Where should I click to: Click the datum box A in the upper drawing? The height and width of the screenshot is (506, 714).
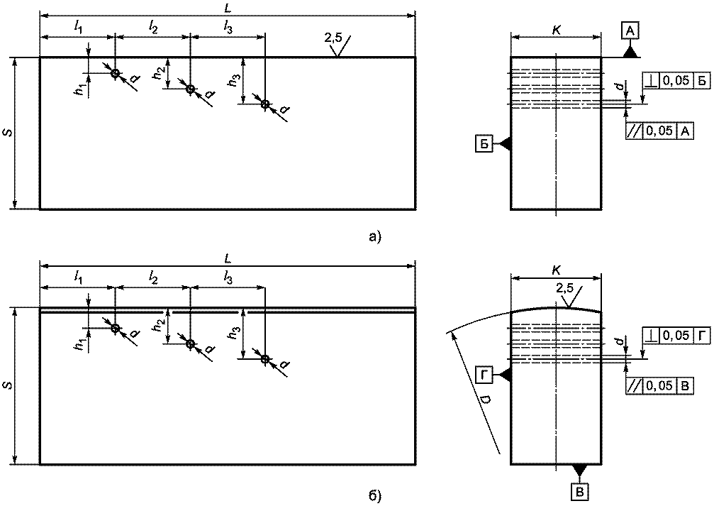pos(630,31)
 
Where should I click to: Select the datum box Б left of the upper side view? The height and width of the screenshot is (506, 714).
pos(484,144)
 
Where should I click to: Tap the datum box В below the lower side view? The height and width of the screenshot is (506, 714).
pos(580,491)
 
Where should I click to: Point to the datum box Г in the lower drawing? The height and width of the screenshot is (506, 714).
pos(484,375)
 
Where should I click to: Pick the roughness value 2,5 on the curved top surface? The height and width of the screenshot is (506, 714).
pos(564,288)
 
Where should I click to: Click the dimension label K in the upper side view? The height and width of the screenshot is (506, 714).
pos(556,31)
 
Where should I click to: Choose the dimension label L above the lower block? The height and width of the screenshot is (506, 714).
pos(228,259)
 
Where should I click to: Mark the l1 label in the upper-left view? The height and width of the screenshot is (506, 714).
pos(78,29)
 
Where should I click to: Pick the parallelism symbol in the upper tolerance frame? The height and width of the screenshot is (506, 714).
pos(633,131)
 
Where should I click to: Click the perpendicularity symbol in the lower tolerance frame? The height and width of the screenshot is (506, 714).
pos(652,336)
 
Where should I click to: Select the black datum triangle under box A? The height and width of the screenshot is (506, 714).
pos(630,53)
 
